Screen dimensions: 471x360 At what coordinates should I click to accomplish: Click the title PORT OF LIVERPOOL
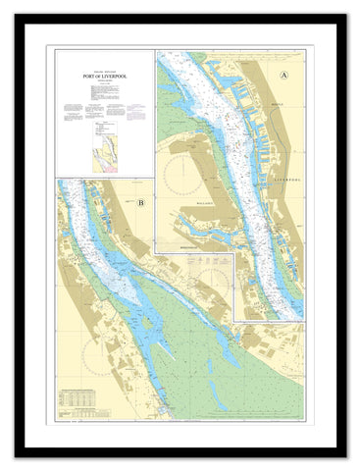coord(104,75)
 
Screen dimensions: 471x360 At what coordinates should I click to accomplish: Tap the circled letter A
coord(285,75)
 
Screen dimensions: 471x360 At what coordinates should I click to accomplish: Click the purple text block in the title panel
coord(115,112)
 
